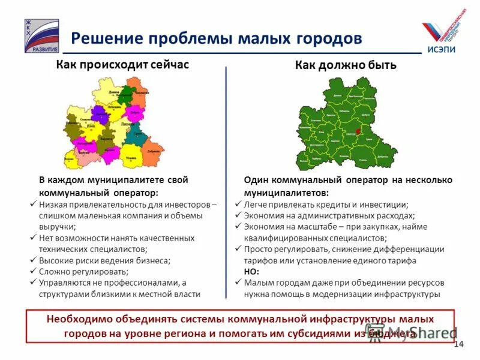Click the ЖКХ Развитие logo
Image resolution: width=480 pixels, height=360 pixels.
click(x=41, y=35)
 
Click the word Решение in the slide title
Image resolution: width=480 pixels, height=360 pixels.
click(x=104, y=38)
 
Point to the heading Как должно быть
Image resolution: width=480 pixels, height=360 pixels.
click(x=346, y=65)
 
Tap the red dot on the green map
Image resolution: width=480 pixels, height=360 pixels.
click(x=358, y=131)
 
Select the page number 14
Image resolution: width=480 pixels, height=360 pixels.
click(x=460, y=344)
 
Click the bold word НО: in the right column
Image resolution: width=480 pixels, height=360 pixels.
click(x=252, y=272)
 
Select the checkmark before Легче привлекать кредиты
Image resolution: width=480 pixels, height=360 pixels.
click(x=238, y=205)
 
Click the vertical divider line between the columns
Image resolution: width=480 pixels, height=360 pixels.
click(x=226, y=180)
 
